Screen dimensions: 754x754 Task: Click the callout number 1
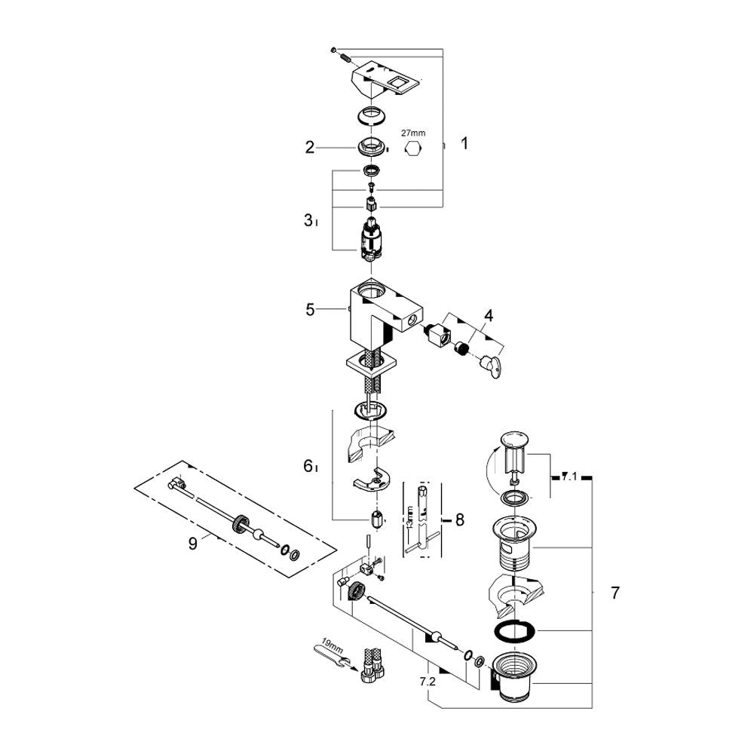pos(464,143)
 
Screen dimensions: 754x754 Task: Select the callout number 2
pos(310,147)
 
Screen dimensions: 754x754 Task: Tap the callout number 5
pos(310,310)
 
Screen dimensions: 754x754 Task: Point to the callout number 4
pos(489,316)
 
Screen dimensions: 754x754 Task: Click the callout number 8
pos(460,520)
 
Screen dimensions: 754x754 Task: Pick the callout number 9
pos(192,544)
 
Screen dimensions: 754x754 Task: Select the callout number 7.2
pos(428,682)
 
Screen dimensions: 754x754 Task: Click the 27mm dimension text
pos(413,133)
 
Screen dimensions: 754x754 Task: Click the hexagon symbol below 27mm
pos(413,149)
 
